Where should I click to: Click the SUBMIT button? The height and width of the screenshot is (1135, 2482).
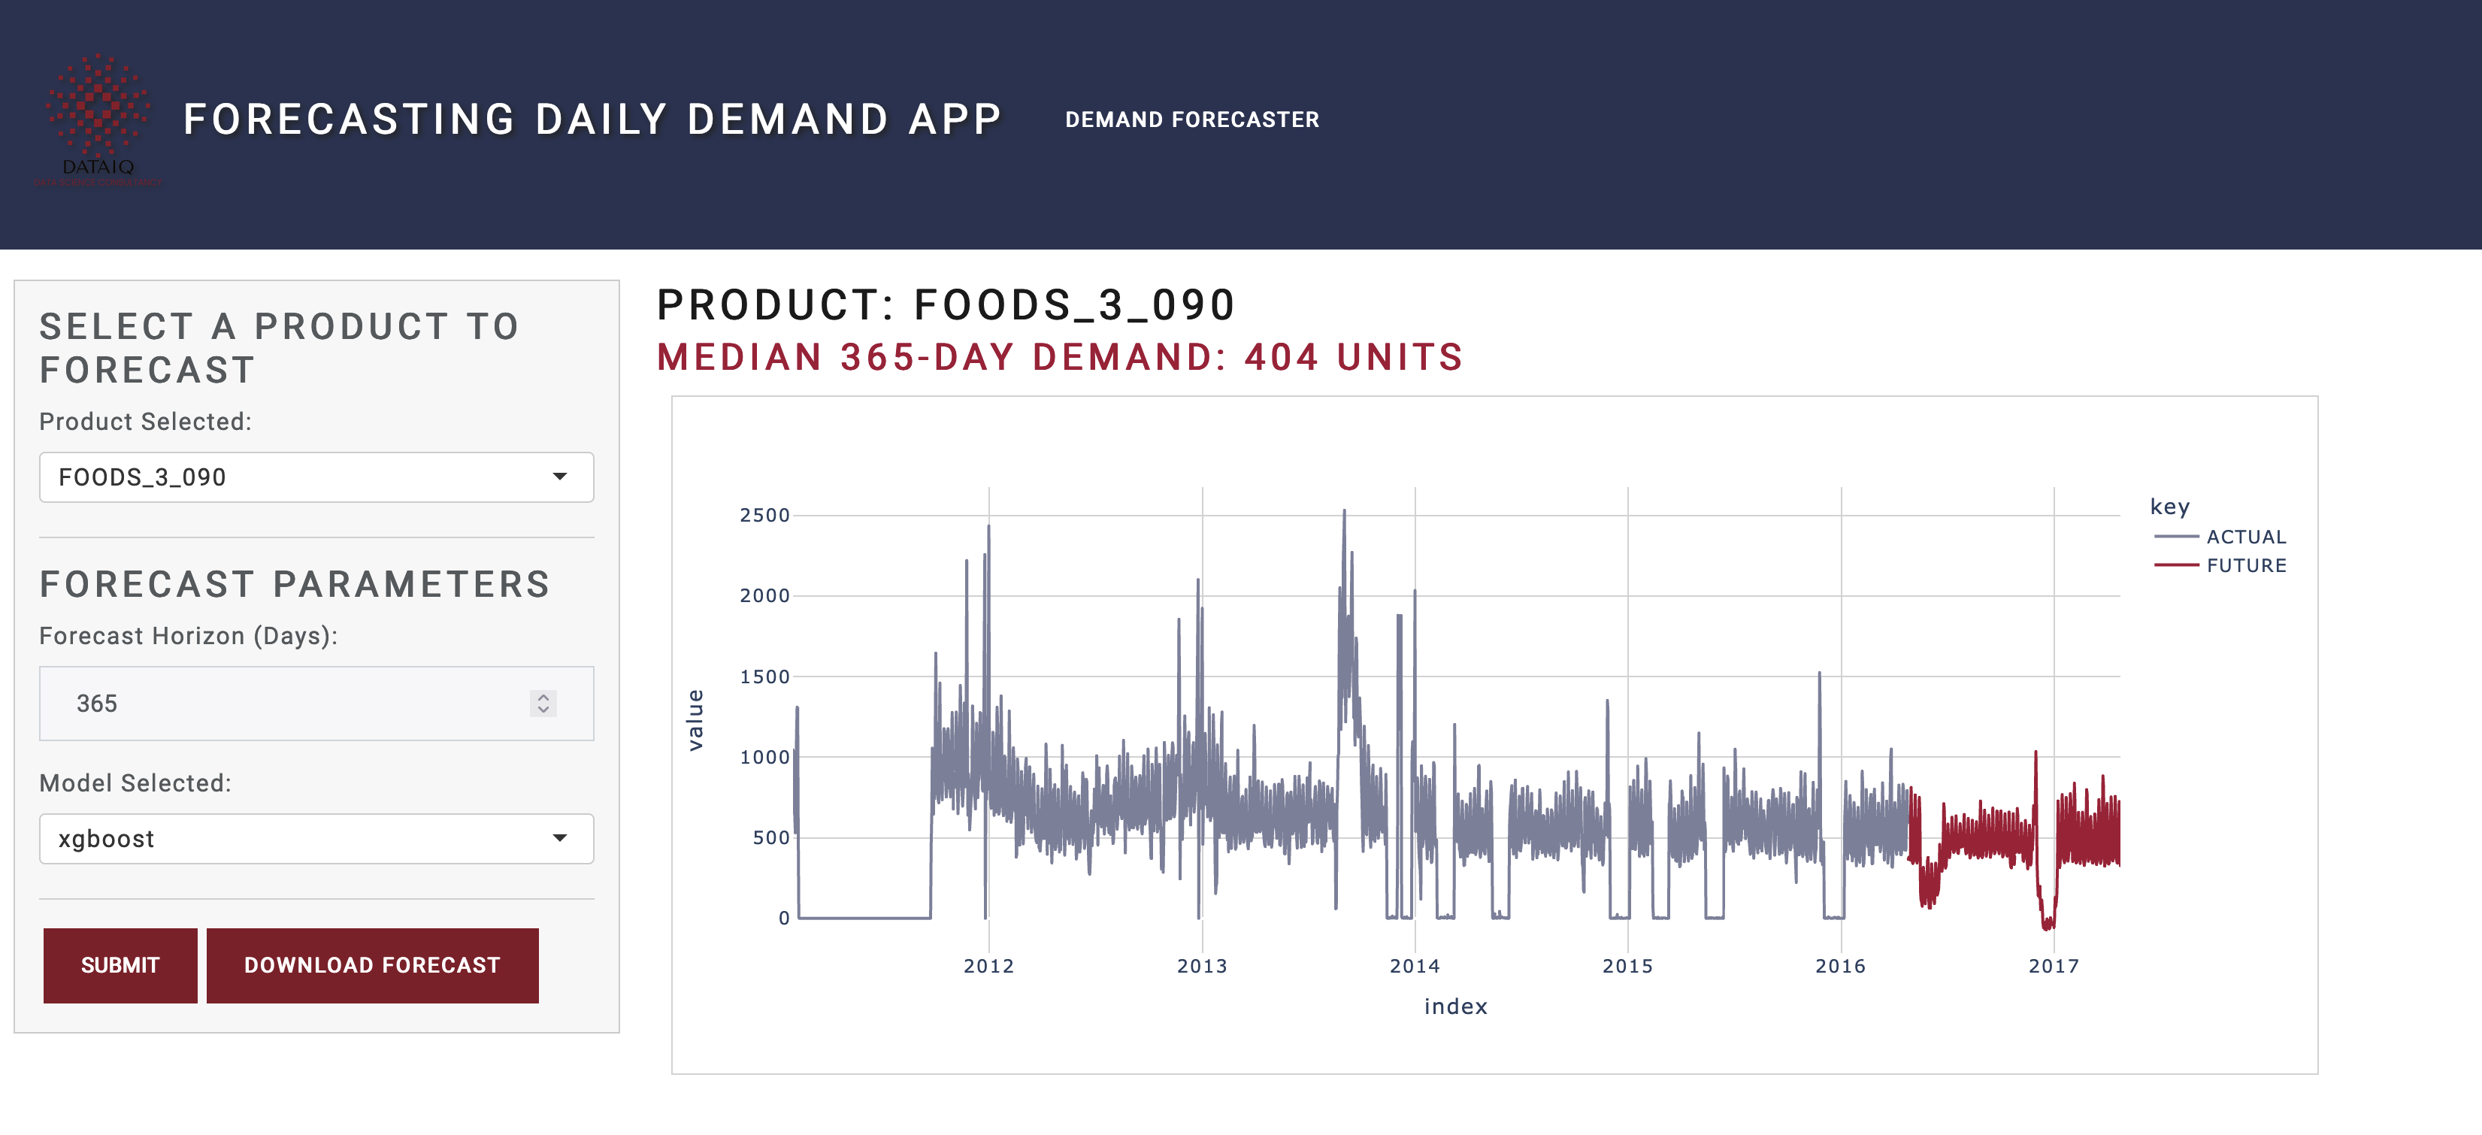[x=120, y=964]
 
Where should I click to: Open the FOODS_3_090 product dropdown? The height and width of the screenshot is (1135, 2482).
[x=316, y=477]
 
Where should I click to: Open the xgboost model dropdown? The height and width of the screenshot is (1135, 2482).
[x=316, y=838]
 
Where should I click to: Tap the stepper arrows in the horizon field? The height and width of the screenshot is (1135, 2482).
[x=543, y=704]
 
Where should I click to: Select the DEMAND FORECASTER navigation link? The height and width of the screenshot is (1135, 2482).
[x=1192, y=120]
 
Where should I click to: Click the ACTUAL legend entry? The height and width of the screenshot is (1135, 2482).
[x=2245, y=537]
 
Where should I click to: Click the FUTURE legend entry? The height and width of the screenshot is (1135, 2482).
[x=2245, y=565]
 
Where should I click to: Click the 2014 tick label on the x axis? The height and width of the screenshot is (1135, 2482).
[x=1415, y=965]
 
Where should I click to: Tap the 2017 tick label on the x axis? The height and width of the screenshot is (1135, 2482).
[x=2054, y=965]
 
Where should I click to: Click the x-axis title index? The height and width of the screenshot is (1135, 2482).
[x=1455, y=1006]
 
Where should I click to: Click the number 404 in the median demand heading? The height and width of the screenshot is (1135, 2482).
[x=1281, y=358]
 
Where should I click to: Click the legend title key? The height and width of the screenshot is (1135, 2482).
[x=2170, y=507]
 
